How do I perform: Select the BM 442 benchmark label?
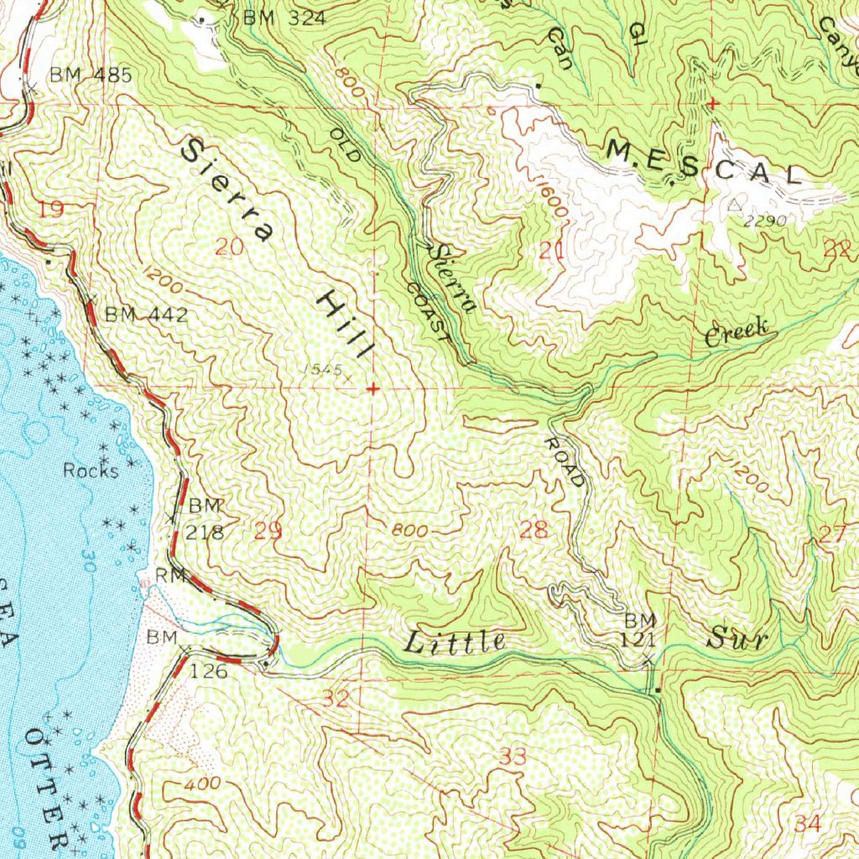click(x=146, y=315)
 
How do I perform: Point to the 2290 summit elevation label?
click(x=763, y=221)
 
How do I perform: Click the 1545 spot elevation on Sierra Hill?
click(x=324, y=369)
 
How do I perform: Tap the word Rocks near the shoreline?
click(x=91, y=471)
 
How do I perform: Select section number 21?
click(x=550, y=248)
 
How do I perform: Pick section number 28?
click(x=534, y=529)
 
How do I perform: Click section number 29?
click(x=268, y=529)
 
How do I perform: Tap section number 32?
click(x=335, y=698)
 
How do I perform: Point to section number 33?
click(x=513, y=757)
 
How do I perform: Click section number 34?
click(x=808, y=824)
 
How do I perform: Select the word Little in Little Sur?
click(x=455, y=643)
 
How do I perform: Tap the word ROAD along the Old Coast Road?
click(x=565, y=461)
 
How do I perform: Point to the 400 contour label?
click(x=205, y=784)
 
